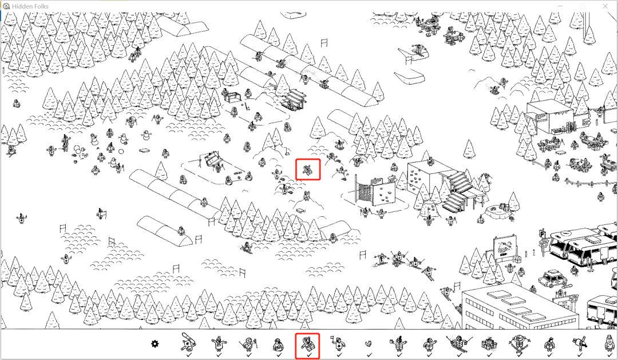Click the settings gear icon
click(x=155, y=344)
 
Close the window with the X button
click(x=605, y=6)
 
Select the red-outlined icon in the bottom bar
click(x=307, y=346)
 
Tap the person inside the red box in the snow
click(x=307, y=170)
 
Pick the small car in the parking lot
click(x=553, y=278)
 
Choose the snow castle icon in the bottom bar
click(x=489, y=344)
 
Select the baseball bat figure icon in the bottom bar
click(x=188, y=342)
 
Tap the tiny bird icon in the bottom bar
click(x=368, y=344)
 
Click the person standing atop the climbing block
click(x=431, y=161)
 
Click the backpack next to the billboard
click(x=518, y=259)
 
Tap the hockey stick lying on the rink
click(x=248, y=106)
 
